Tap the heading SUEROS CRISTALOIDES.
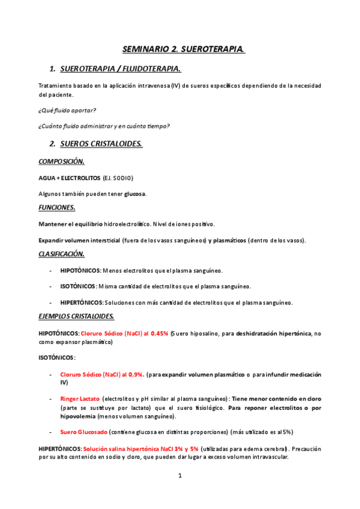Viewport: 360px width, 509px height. click(101, 144)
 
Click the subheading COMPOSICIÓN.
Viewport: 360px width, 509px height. click(61, 161)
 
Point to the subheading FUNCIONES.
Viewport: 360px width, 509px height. click(56, 208)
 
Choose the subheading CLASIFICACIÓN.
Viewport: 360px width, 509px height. click(61, 254)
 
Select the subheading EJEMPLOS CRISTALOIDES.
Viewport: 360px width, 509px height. click(76, 316)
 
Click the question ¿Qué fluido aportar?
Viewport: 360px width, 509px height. click(67, 110)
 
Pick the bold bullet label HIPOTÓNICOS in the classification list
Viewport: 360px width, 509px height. click(80, 271)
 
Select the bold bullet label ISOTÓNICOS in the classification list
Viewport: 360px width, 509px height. click(79, 286)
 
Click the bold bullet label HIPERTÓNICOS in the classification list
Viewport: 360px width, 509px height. click(82, 302)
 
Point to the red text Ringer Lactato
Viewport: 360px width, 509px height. click(80, 399)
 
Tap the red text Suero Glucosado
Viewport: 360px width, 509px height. click(83, 432)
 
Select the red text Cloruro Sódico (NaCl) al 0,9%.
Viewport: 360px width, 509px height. click(102, 375)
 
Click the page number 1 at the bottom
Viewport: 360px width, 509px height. click(179, 476)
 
